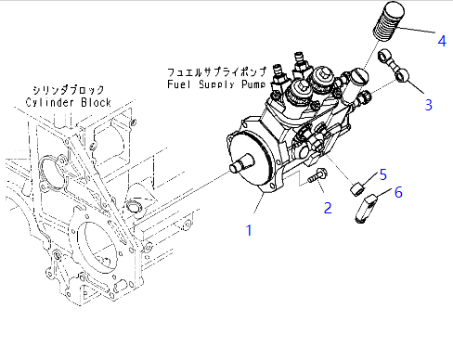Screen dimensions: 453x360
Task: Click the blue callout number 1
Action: point(249,230)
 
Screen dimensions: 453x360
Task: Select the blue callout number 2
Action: point(328,208)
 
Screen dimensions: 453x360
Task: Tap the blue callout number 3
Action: point(429,105)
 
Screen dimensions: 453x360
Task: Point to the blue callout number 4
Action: point(442,41)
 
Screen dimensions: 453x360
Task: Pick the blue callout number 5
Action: point(383,174)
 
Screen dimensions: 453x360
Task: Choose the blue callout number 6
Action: point(398,192)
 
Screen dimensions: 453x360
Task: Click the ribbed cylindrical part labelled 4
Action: point(389,21)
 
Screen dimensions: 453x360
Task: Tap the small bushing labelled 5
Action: point(357,189)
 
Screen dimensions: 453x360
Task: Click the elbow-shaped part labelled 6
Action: point(365,208)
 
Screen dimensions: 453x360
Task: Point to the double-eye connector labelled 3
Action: point(394,66)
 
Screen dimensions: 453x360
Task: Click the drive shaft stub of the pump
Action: point(242,163)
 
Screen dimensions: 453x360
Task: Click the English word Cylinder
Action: point(50,102)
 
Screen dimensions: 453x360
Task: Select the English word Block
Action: point(96,102)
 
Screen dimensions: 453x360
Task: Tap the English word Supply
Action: point(216,84)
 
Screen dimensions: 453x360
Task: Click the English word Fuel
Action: point(179,84)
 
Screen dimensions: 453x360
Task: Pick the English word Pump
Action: point(253,84)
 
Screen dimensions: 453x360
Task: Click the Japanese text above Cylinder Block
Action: point(69,90)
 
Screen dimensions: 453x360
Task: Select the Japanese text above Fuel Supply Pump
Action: point(216,72)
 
